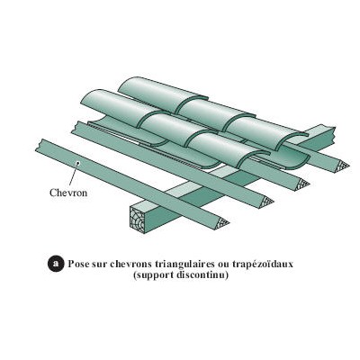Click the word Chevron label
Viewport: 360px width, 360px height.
pyautogui.click(x=68, y=193)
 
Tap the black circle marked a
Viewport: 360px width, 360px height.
pyautogui.click(x=56, y=264)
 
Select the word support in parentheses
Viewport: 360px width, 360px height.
pyautogui.click(x=153, y=275)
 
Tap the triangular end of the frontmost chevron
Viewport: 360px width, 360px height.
pyautogui.click(x=222, y=222)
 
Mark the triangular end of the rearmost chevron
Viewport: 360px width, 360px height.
pyautogui.click(x=342, y=166)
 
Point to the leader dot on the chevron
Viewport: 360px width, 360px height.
pyautogui.click(x=78, y=163)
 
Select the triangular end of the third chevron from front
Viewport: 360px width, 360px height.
pyautogui.click(x=302, y=184)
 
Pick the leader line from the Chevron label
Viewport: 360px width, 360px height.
pyautogui.click(x=74, y=175)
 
